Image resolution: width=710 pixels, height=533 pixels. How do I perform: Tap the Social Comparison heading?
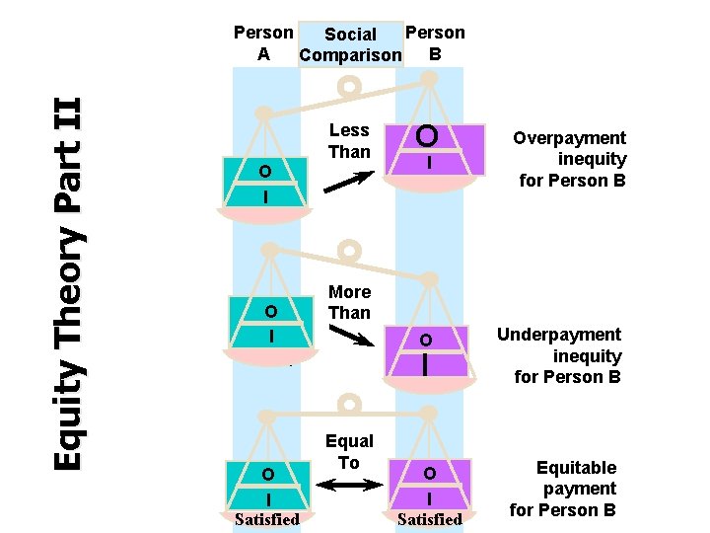(x=350, y=44)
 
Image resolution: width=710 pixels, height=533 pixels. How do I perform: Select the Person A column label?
(x=263, y=43)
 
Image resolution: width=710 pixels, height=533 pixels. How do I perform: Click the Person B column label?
(x=435, y=42)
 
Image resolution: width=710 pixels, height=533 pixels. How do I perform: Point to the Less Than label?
(x=349, y=141)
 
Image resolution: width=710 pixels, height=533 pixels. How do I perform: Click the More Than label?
(x=349, y=302)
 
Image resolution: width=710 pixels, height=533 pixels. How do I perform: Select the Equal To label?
(x=349, y=452)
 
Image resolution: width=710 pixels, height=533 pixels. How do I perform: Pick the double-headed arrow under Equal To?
(x=350, y=485)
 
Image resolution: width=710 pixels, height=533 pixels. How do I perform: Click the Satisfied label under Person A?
(x=266, y=519)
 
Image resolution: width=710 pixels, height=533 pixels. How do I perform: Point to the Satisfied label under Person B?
(x=429, y=519)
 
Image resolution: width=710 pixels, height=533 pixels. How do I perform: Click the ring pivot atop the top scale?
(x=348, y=88)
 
